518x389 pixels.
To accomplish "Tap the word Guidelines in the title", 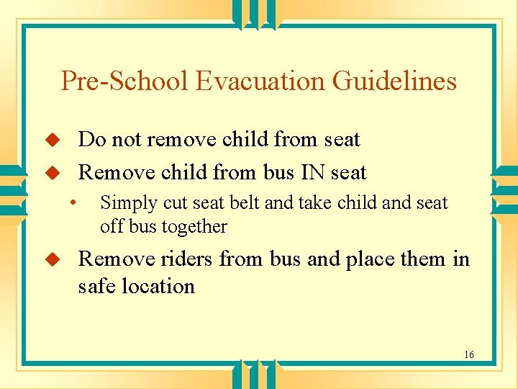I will click(394, 81).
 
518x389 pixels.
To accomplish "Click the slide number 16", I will click(469, 354).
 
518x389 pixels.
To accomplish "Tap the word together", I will click(194, 227).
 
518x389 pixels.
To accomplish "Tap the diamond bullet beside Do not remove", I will click(51, 139).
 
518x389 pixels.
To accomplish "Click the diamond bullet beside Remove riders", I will click(51, 259).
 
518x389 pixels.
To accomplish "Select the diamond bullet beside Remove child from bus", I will click(51, 173).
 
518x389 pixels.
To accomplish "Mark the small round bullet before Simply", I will click(73, 202).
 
